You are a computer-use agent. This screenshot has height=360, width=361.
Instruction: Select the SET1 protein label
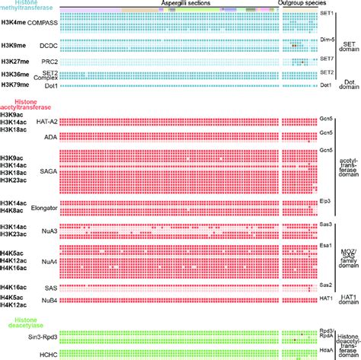point(325,13)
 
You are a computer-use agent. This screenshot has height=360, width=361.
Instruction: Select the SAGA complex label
point(47,173)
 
